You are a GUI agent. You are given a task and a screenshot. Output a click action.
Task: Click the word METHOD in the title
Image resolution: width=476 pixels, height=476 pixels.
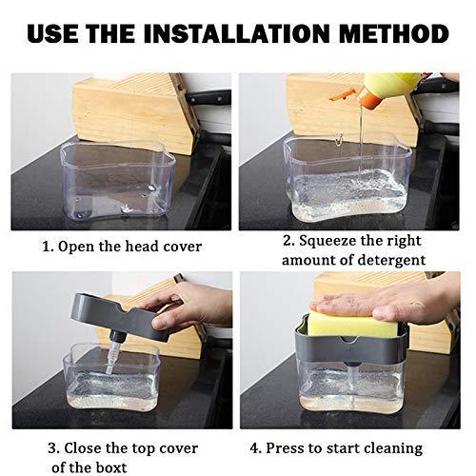point(386,34)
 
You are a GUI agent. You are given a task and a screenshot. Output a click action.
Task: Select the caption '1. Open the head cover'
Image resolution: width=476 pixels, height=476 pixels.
point(121,247)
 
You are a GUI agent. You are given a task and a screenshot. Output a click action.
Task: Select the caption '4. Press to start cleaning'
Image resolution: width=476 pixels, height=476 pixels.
point(350,446)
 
